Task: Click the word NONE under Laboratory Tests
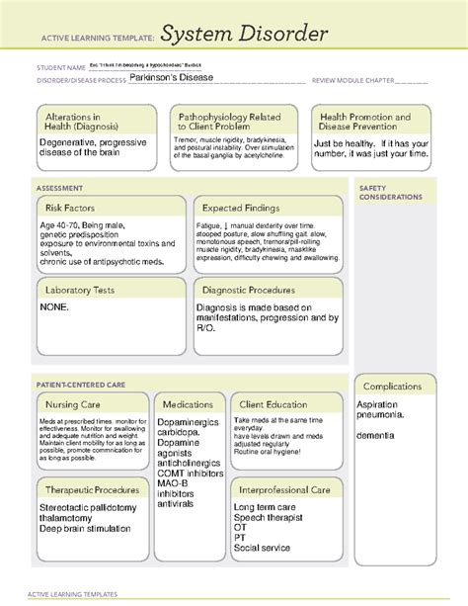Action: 55,308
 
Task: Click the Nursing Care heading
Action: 72,404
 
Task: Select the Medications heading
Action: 189,404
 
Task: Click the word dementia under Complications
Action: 378,434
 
